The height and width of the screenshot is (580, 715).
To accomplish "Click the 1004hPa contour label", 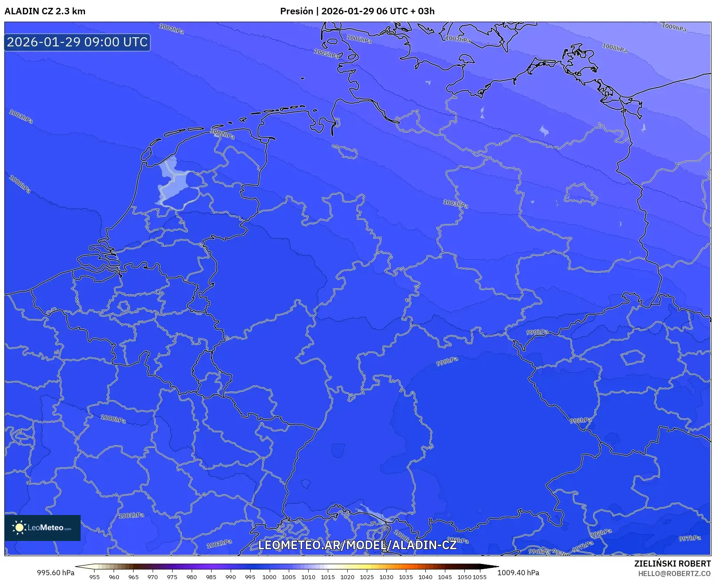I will [x=171, y=29].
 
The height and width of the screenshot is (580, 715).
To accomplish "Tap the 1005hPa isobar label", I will [x=326, y=54].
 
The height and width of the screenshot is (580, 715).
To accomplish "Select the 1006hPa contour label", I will [x=359, y=39].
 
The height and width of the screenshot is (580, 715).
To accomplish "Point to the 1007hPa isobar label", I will [x=457, y=39].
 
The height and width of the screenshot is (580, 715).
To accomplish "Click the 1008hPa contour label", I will [x=614, y=48].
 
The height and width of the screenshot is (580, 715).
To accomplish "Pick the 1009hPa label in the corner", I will [x=674, y=27].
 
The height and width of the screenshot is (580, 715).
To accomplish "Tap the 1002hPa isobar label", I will [x=222, y=134].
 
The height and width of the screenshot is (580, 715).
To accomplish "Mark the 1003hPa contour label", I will [x=455, y=203].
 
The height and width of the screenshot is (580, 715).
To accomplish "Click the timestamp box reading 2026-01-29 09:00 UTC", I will [x=77, y=42].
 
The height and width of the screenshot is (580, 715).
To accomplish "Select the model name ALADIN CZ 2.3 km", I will [x=45, y=11].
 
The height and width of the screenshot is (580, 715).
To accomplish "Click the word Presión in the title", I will [x=296, y=11].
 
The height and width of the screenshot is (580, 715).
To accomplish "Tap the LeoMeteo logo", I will [x=42, y=528].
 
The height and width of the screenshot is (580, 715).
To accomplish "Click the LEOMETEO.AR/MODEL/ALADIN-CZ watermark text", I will [x=357, y=545].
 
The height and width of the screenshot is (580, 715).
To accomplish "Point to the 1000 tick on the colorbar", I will [x=269, y=577].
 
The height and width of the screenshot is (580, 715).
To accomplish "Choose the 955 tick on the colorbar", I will [x=94, y=577].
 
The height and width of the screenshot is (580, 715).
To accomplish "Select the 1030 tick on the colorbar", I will [x=386, y=577].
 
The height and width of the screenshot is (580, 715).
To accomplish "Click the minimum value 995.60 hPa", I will [x=56, y=573].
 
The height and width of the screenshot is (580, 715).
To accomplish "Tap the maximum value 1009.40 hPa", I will [x=518, y=573].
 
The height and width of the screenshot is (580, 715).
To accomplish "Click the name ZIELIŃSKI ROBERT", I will [x=672, y=564].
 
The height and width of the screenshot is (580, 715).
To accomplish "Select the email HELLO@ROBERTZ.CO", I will [x=674, y=573].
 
